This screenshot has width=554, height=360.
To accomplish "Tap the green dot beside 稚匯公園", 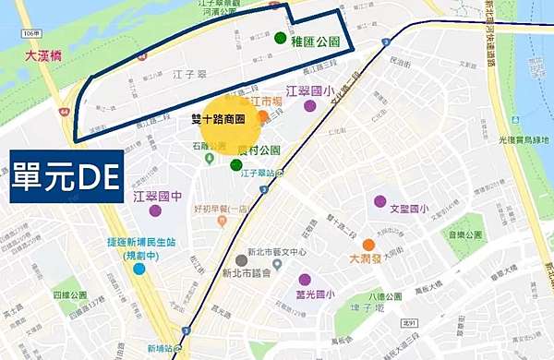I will click(x=280, y=38).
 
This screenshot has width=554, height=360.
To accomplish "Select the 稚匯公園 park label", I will click(x=316, y=41).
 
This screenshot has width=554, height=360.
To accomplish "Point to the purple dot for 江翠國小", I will click(x=309, y=106).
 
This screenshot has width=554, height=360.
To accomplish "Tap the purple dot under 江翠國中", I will click(x=168, y=211).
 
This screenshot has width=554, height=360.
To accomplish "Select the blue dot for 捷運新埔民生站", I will click(x=138, y=269).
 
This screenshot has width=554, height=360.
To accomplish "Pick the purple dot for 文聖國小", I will click(x=379, y=201).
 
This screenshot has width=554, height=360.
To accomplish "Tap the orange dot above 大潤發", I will click(x=368, y=245).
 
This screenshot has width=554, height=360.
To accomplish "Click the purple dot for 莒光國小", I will click(x=305, y=280).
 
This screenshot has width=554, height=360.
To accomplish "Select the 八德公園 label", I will click(x=388, y=296).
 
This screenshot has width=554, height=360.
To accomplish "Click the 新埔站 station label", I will click(x=160, y=348).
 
